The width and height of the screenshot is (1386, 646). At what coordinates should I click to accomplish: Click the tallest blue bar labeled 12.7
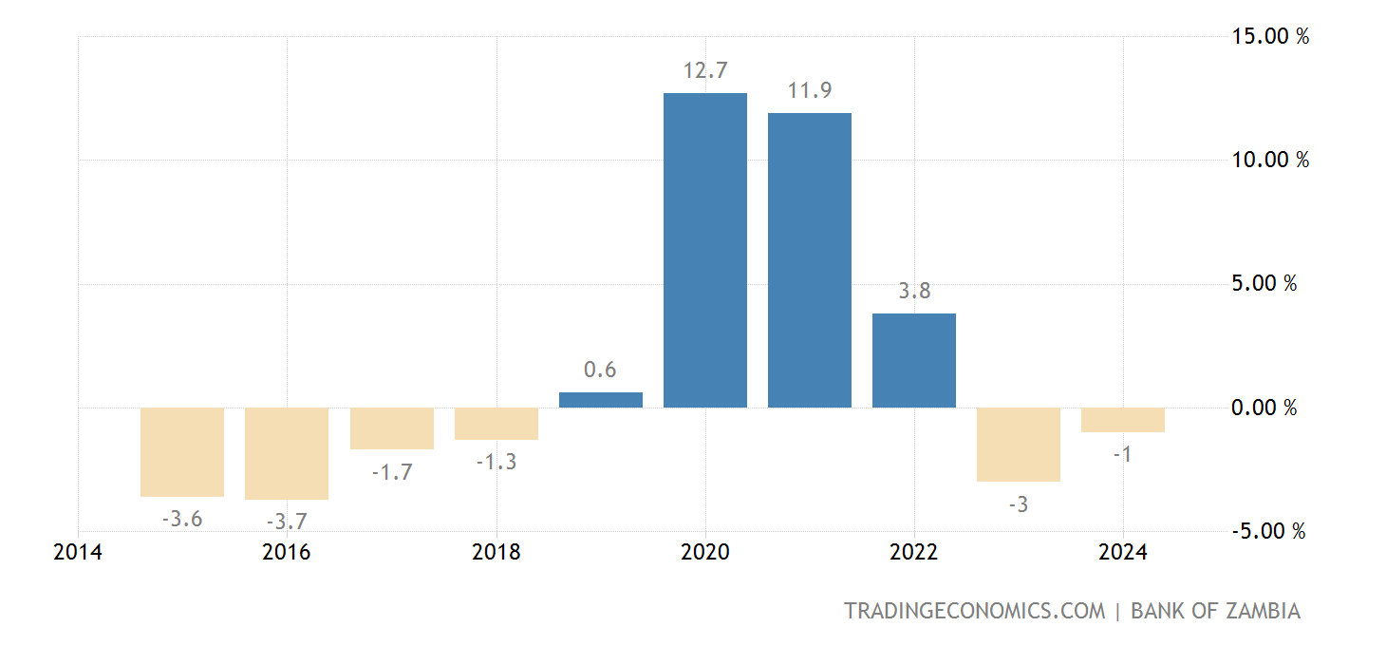pyautogui.click(x=705, y=250)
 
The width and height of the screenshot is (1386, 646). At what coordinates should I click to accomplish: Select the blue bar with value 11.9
pyautogui.click(x=810, y=260)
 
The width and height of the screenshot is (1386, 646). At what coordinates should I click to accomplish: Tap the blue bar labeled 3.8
pyautogui.click(x=914, y=360)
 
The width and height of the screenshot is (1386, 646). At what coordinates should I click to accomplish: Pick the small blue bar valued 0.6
pyautogui.click(x=601, y=400)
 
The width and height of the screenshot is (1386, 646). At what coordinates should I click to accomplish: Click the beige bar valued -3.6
pyautogui.click(x=182, y=452)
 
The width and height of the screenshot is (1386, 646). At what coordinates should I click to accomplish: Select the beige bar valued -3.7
pyautogui.click(x=287, y=453)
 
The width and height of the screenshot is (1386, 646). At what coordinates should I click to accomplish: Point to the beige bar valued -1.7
pyautogui.click(x=392, y=428)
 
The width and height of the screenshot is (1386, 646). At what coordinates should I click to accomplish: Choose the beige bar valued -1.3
pyautogui.click(x=496, y=424)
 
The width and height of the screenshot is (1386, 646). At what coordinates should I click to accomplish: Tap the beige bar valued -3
pyautogui.click(x=1019, y=445)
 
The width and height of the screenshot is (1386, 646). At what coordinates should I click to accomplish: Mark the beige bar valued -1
pyautogui.click(x=1123, y=420)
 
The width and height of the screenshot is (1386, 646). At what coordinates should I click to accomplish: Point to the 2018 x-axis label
pyautogui.click(x=496, y=553)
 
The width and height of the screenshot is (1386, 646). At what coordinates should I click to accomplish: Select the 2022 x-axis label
pyautogui.click(x=913, y=553)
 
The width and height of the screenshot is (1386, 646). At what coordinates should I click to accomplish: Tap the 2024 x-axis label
pyautogui.click(x=1123, y=553)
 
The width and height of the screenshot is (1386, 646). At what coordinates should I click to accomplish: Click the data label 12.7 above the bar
pyautogui.click(x=704, y=70)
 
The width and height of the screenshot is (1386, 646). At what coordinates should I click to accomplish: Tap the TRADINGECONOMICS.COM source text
pyautogui.click(x=975, y=611)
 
